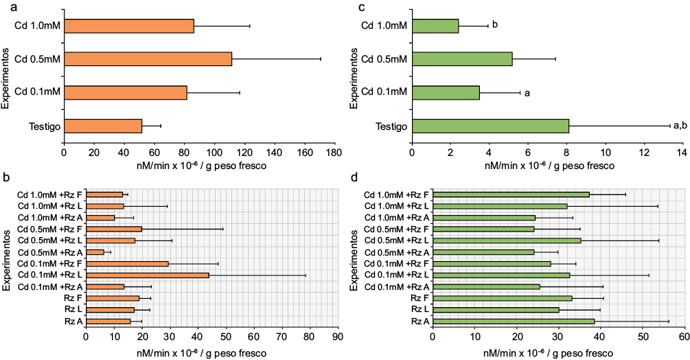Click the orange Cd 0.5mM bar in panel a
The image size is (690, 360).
148,59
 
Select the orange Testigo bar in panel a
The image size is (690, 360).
103,126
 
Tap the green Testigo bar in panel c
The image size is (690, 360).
490,126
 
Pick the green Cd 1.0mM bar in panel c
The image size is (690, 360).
435,26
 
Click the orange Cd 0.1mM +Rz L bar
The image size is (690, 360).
148,275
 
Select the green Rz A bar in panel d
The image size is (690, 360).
514,321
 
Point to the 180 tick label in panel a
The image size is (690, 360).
334,153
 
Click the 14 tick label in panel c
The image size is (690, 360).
682,153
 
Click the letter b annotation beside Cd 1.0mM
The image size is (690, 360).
494,25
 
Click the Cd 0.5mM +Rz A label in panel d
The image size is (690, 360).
395,252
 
